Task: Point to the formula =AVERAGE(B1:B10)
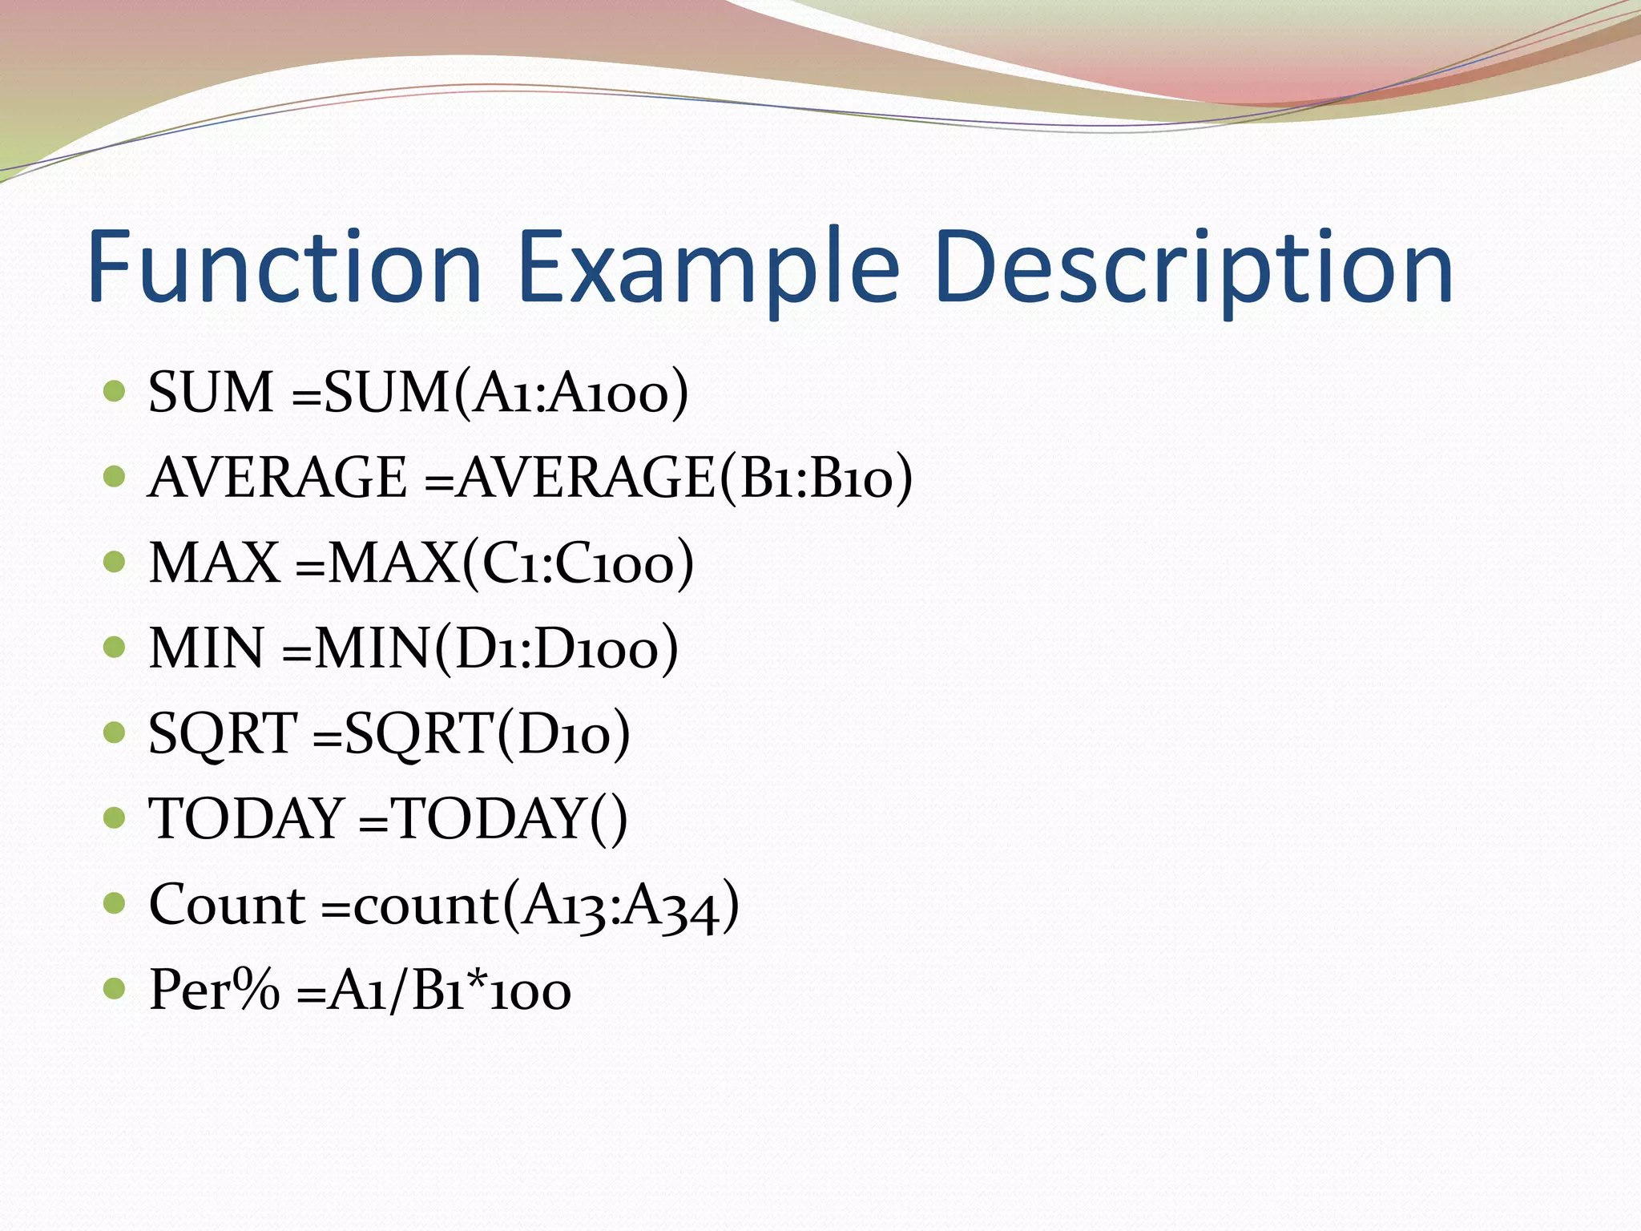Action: click(x=668, y=478)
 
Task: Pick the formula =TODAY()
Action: click(x=493, y=818)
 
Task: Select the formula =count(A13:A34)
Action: click(x=530, y=905)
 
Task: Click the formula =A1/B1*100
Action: click(x=433, y=991)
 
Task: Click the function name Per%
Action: click(x=215, y=991)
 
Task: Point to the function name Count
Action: click(x=227, y=905)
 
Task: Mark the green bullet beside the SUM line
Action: click(x=115, y=391)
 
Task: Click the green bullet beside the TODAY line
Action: click(x=115, y=817)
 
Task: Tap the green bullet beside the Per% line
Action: click(x=115, y=988)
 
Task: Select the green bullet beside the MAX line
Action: click(x=115, y=561)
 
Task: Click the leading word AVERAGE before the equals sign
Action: click(x=278, y=478)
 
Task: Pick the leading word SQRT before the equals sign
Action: click(x=223, y=733)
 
